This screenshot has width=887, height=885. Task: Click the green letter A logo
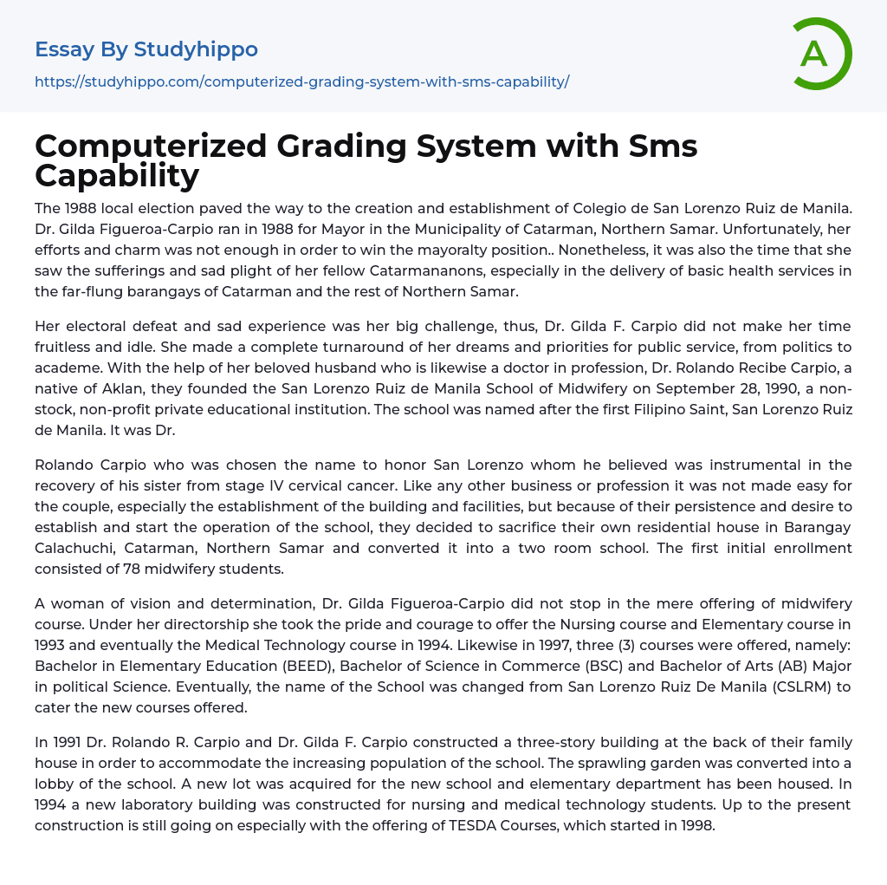tap(821, 54)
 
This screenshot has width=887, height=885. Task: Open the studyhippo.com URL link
tap(301, 81)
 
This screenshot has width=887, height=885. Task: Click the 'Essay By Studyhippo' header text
tap(146, 49)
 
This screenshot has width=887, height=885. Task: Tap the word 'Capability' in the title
tap(117, 175)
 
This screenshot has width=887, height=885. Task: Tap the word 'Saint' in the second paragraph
tap(696, 409)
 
